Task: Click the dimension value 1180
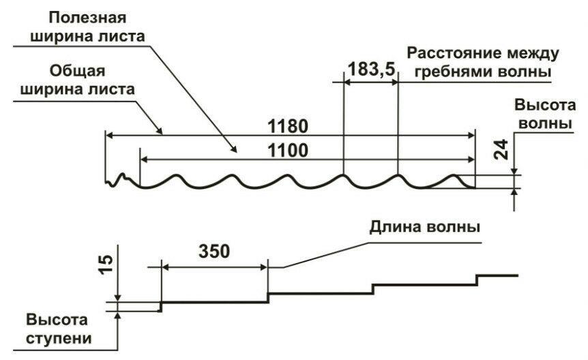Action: pos(289,126)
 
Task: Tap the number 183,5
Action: pos(371,69)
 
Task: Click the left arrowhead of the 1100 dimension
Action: pos(143,158)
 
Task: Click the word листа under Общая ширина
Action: pos(111,89)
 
